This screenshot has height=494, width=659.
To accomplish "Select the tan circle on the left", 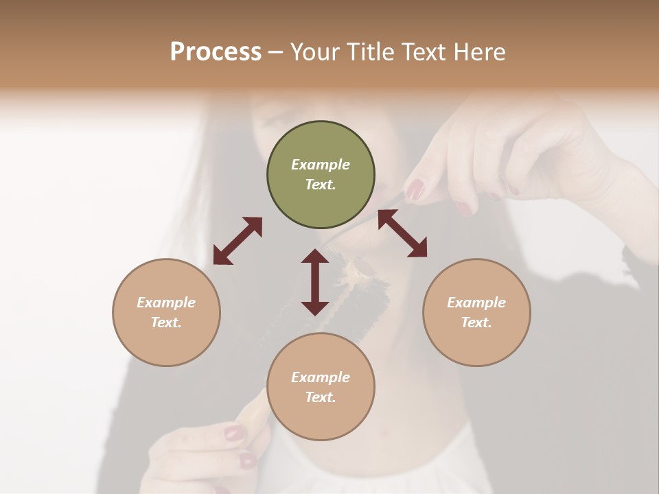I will point(166,312).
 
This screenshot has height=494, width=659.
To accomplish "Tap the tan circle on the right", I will point(476,312).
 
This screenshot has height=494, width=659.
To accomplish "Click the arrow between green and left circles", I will point(238,241).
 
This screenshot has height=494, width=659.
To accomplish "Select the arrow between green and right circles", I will point(402,233).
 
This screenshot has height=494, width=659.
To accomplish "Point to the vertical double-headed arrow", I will point(315,282).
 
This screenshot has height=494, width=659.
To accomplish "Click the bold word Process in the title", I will point(216,51).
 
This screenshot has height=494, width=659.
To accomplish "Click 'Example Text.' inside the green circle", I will point(321,174).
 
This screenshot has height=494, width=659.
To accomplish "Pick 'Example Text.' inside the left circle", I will point(166,312).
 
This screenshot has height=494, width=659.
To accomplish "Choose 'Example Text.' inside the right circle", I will point(476,312).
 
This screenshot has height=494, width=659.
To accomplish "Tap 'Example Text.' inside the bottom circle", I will point(321,387).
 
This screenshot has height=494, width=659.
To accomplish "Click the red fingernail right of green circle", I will point(415,189).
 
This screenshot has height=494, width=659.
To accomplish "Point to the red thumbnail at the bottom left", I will point(235,433).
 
